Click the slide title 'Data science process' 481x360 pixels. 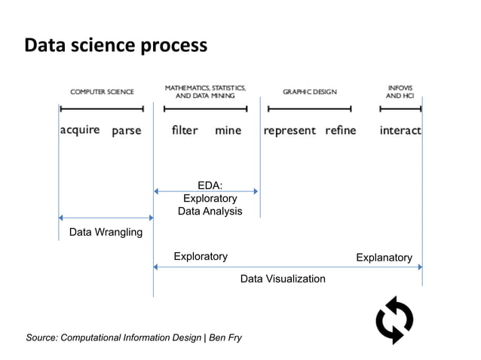(115, 46)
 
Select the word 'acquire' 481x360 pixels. (80, 130)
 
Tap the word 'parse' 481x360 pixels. (127, 131)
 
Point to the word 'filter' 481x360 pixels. (185, 130)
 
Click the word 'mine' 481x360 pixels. (228, 130)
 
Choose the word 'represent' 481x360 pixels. (290, 131)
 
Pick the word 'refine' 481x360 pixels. (341, 130)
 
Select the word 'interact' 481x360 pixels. (400, 130)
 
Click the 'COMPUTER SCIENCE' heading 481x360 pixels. (103, 92)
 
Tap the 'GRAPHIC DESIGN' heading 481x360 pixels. (310, 92)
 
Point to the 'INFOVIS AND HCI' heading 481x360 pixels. (400, 92)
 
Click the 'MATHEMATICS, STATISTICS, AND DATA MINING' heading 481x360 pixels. (205, 92)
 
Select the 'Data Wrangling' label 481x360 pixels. (106, 232)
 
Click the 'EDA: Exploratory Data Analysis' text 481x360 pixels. (210, 198)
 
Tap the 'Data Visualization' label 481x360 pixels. (283, 279)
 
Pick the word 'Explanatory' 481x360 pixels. (384, 258)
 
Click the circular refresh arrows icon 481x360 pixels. (394, 319)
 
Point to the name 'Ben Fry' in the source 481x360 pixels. (225, 337)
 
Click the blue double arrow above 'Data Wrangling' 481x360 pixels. (106, 218)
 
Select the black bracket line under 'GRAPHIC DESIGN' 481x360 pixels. (309, 108)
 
